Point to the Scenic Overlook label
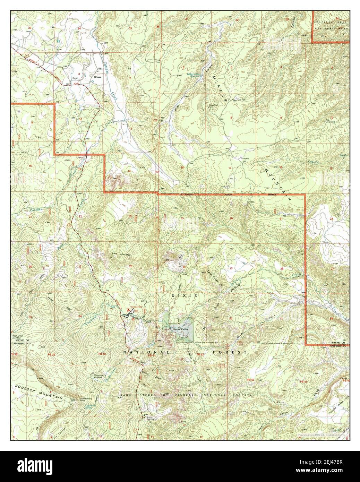click(x=149, y=418)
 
